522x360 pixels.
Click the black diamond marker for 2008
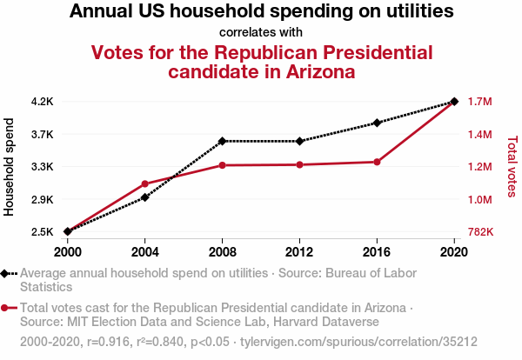223,141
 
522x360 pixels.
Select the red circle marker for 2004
145,183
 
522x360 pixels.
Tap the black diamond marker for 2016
377,123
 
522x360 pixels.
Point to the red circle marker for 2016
377,162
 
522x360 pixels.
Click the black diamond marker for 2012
299,141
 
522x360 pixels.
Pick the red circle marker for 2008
223,165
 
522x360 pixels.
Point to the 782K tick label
481,232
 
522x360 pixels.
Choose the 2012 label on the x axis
299,251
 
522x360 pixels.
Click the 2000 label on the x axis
68,251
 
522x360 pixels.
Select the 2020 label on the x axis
453,251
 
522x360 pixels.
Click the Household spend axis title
10,167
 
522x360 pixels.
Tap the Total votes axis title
512,165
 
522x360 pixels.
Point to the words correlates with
261,33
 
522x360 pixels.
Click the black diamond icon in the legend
5,273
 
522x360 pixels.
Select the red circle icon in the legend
5,308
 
